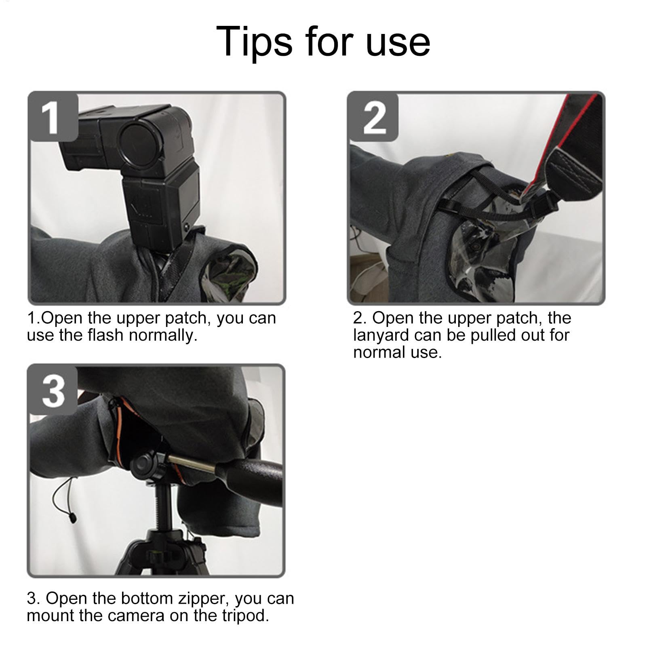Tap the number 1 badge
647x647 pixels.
[x=53, y=117]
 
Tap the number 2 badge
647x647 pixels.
[x=373, y=117]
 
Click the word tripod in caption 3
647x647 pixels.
[x=246, y=616]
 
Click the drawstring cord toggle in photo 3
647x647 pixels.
[x=73, y=517]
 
